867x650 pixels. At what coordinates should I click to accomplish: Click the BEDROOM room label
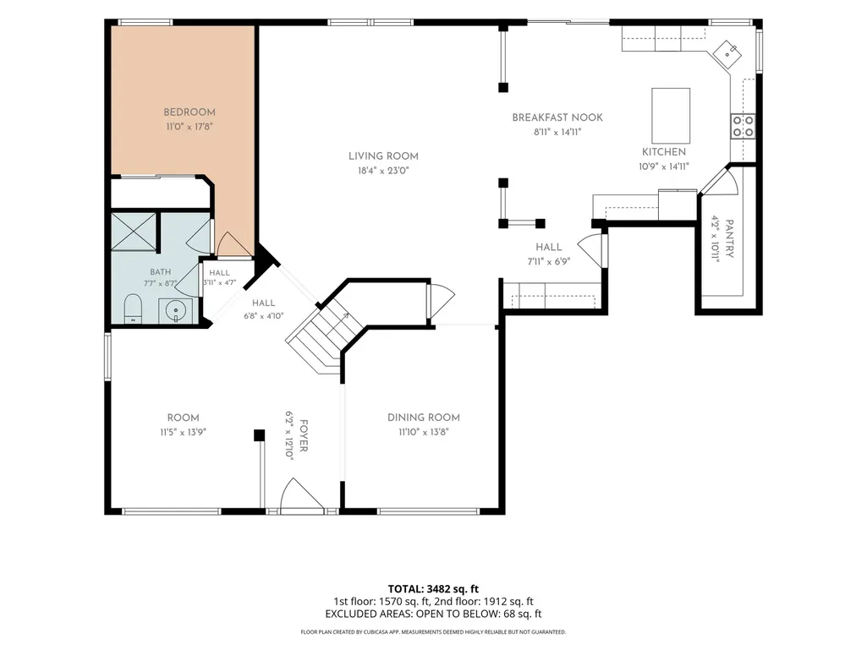click(189, 112)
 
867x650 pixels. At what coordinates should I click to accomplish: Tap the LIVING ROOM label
click(383, 156)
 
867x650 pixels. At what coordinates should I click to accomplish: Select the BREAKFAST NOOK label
click(557, 117)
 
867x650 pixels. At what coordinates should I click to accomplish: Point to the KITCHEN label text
click(664, 152)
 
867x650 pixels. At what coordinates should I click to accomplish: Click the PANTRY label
click(730, 238)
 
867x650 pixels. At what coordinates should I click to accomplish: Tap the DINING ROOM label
click(424, 418)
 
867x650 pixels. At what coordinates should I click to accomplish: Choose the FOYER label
click(304, 435)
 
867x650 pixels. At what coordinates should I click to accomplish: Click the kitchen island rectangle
click(671, 116)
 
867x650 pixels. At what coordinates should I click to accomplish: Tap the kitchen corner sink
click(727, 53)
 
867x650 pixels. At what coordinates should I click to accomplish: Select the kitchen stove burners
click(744, 126)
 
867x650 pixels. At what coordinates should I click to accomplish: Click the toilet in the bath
click(134, 309)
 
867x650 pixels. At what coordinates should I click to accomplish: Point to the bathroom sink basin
click(176, 310)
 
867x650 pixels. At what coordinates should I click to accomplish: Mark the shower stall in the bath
click(133, 231)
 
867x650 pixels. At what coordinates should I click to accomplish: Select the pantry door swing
click(721, 180)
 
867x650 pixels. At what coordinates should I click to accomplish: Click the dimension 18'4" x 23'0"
click(383, 171)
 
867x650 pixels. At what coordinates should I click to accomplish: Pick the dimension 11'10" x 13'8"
click(424, 432)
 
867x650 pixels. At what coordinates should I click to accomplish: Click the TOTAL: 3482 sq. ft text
click(433, 589)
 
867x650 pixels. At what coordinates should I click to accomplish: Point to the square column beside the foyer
click(259, 435)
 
